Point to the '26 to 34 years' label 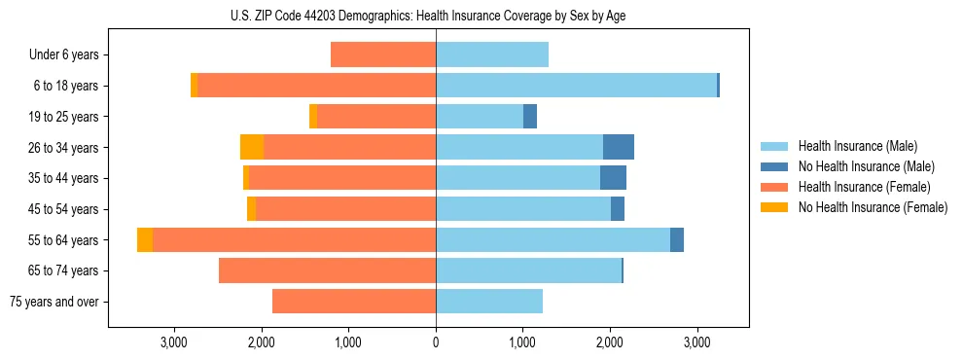64,148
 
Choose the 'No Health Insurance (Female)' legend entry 873,207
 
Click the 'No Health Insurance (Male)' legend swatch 774,166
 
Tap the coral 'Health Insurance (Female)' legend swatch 774,187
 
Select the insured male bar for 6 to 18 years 576,86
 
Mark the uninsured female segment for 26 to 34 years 252,148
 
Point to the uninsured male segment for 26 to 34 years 619,148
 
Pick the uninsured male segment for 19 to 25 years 530,117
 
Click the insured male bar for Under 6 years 492,55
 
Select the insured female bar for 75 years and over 354,302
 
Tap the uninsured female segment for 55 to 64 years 145,240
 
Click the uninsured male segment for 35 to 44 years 613,178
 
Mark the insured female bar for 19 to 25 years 376,117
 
